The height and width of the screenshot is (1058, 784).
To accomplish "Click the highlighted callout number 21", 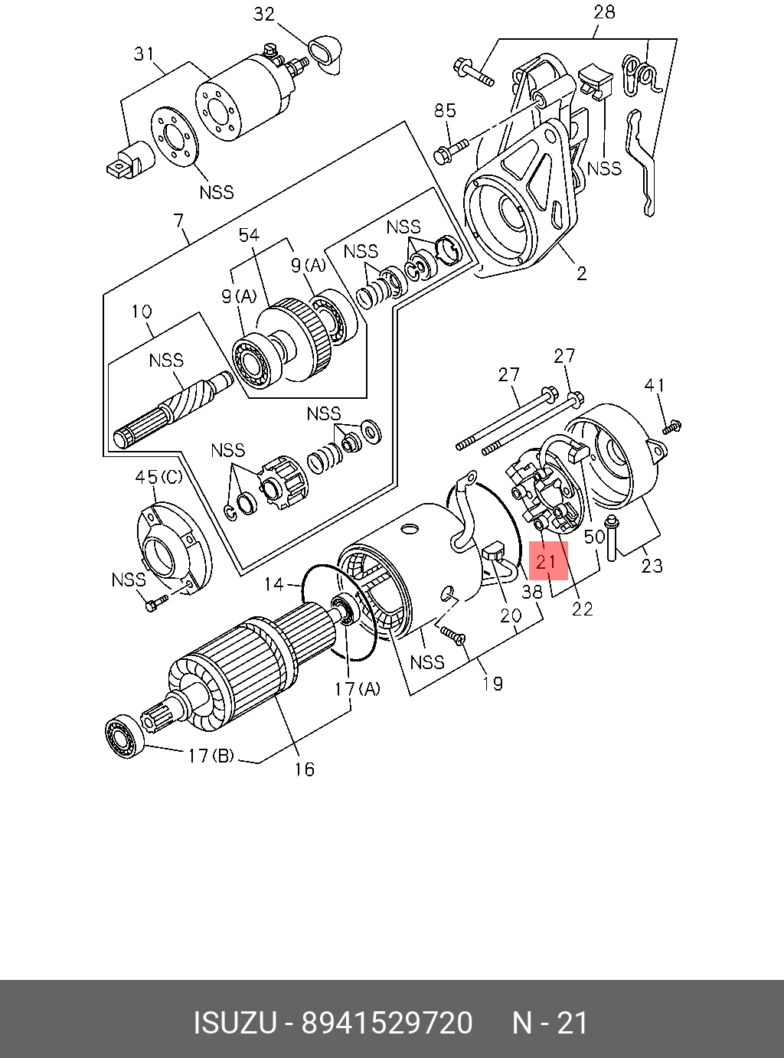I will [x=547, y=562].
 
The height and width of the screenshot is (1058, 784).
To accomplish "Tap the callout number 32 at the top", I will [x=263, y=15].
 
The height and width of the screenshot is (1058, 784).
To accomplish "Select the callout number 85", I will [x=445, y=110].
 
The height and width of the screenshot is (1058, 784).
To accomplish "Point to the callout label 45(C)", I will [x=158, y=477].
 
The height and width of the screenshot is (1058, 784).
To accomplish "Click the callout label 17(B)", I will [x=211, y=756].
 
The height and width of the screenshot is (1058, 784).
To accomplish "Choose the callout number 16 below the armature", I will [x=304, y=769].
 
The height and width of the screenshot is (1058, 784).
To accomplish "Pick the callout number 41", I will [x=655, y=385].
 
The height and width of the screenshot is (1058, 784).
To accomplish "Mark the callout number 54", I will [x=250, y=236].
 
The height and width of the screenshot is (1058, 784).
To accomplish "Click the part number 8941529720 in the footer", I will [x=387, y=1023].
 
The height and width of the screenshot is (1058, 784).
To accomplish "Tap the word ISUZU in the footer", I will [x=234, y=1023].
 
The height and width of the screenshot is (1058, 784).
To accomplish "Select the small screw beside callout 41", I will [x=672, y=426].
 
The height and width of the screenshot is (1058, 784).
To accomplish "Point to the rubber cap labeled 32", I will [x=325, y=53].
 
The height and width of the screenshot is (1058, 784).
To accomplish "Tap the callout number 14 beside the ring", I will [x=274, y=585].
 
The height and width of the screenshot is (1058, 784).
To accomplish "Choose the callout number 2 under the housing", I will [x=581, y=273].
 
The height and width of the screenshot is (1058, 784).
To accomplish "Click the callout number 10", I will [x=142, y=312].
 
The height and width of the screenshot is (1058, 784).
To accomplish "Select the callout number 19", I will [x=492, y=683].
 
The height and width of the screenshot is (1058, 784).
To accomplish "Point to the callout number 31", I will [x=144, y=54].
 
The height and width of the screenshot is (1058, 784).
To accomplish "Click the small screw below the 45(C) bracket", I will [x=155, y=605].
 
